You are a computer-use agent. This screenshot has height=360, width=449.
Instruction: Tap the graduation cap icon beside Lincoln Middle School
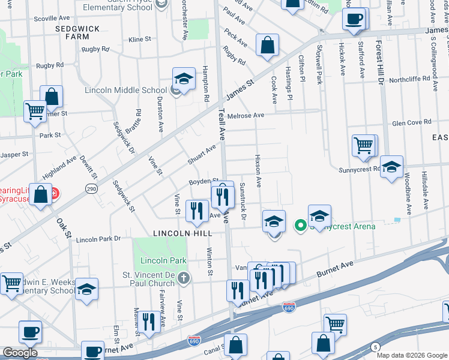tap(184, 79)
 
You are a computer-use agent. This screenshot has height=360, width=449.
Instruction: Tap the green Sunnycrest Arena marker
tap(300, 226)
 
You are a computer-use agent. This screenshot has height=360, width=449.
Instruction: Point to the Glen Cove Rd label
tap(411, 122)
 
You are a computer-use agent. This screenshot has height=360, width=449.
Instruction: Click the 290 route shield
tap(91, 188)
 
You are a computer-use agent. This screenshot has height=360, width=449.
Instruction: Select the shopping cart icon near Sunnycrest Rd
tap(364, 145)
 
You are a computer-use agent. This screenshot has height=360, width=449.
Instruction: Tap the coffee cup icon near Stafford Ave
tap(354, 18)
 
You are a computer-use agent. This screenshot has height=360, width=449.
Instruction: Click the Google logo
tap(20, 353)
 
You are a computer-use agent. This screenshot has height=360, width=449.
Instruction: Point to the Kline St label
tap(140, 40)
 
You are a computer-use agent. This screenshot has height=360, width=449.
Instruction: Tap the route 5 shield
tap(376, 347)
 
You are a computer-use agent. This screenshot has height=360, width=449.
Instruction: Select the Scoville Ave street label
tap(53, 19)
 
